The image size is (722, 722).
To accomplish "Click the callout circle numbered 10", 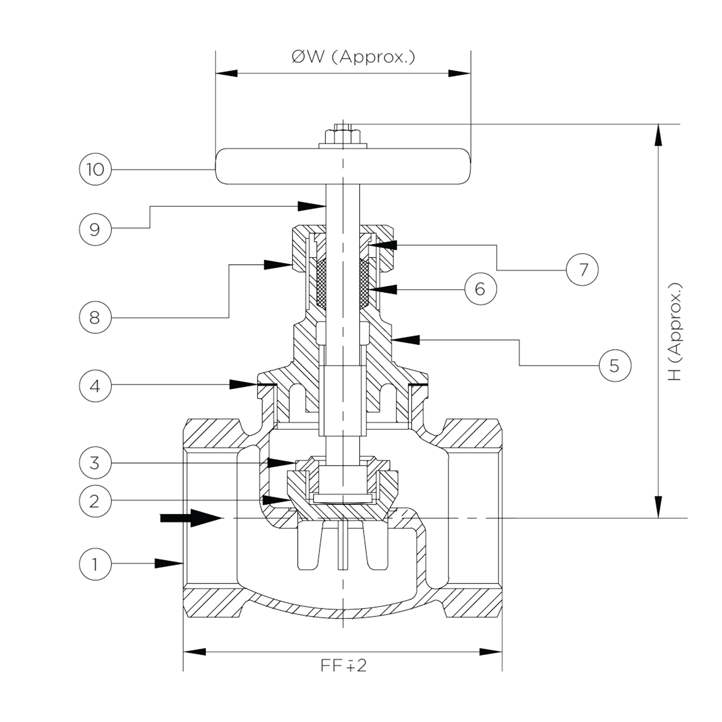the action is (95, 169).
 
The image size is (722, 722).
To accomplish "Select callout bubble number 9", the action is (95, 229).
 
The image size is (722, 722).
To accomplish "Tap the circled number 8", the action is (95, 317).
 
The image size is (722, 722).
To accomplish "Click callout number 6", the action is (480, 289).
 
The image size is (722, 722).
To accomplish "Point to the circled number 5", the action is (615, 365).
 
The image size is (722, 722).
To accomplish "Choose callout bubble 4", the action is (95, 386).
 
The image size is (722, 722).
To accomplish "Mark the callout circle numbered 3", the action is (95, 463).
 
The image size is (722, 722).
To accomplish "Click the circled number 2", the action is (95, 501).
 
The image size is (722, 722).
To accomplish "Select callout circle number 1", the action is (95, 564).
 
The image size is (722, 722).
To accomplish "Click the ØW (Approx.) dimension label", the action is (353, 57).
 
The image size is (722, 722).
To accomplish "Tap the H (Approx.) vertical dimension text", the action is (675, 332).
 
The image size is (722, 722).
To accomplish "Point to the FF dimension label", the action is (344, 665).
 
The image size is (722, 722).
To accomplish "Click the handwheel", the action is (342, 166).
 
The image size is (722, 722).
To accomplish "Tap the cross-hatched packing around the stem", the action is (343, 284).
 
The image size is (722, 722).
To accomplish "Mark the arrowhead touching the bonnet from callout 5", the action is (406, 339).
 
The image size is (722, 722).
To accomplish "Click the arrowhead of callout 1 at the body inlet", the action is (169, 563).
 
